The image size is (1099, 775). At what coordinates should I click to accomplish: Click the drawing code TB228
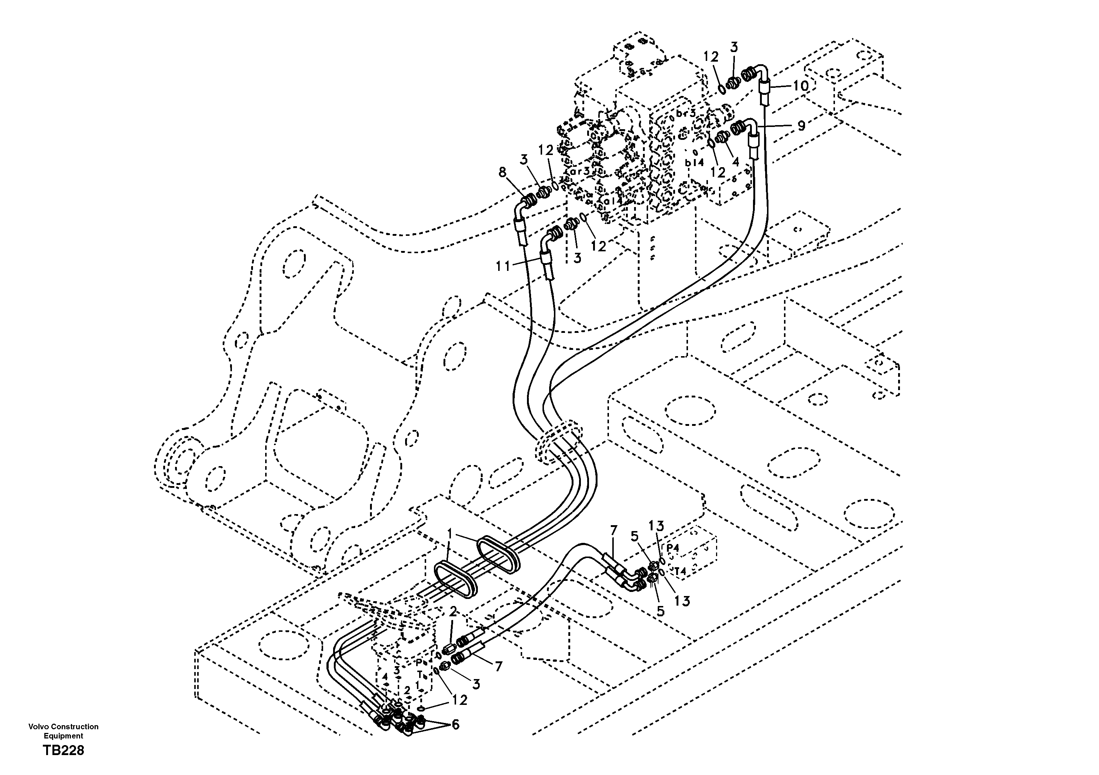click(x=64, y=750)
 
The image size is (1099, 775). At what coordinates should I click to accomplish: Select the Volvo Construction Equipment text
click(x=63, y=731)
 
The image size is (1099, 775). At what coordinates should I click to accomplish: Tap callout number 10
click(x=800, y=87)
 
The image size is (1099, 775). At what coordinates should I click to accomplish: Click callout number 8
click(x=502, y=172)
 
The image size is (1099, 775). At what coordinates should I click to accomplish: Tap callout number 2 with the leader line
click(x=453, y=612)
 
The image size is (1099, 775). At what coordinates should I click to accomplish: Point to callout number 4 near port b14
click(x=736, y=161)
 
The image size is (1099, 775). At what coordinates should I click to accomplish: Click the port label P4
click(x=672, y=547)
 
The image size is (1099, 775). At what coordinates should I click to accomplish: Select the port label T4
click(x=680, y=571)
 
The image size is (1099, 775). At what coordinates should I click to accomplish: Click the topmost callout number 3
click(x=734, y=47)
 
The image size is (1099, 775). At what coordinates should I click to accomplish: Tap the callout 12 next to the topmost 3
click(x=711, y=57)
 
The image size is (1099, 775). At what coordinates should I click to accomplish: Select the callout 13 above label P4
click(x=656, y=526)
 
